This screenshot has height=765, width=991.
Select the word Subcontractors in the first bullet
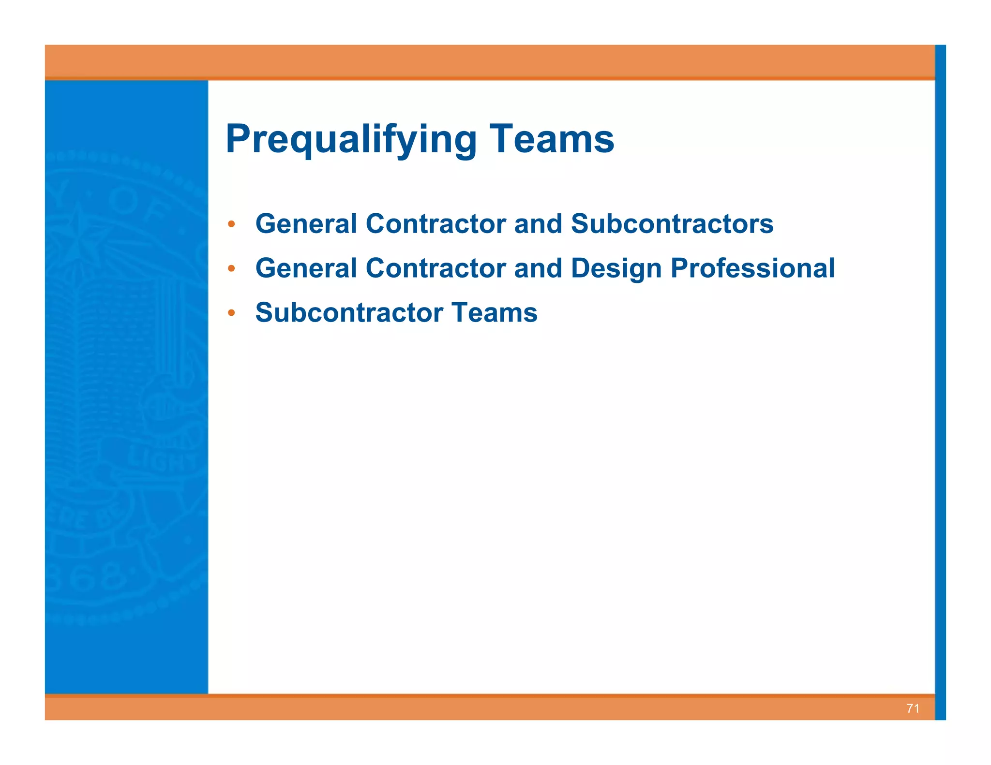coord(672,224)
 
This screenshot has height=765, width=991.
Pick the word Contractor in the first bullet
coord(435,224)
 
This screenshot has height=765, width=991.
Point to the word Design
coord(616,268)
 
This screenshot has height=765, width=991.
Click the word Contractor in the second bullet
coord(435,268)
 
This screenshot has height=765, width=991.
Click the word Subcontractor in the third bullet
coord(349,313)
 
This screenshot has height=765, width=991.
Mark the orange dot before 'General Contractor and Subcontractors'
coord(231,224)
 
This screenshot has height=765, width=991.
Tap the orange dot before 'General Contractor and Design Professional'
coord(231,269)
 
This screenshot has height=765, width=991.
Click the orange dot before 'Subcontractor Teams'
coord(231,313)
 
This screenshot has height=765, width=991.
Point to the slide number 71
coord(913,708)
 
